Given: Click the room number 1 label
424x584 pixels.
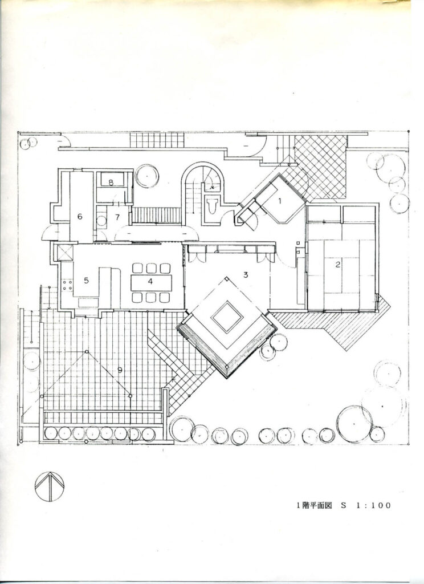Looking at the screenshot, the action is tap(280, 201).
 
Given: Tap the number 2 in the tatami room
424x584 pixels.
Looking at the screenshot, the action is tap(338, 265).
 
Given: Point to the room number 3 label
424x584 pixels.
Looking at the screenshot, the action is tap(245, 275).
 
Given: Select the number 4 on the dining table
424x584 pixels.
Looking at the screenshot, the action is tap(150, 282).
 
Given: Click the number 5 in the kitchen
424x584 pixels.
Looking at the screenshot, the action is tap(87, 281).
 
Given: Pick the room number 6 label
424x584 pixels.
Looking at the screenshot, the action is tap(80, 216).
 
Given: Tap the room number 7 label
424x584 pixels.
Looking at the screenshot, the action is tap(117, 217).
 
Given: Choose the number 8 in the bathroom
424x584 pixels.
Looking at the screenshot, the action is tap(111, 182).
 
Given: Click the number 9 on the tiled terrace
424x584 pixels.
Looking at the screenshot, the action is tap(120, 370).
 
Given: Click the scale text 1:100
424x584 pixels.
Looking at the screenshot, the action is tap(373, 505).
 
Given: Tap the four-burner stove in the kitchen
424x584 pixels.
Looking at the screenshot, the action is tap(67, 285).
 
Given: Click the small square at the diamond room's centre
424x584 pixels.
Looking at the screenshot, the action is tap(227, 317).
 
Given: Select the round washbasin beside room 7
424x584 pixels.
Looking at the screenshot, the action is tap(101, 220).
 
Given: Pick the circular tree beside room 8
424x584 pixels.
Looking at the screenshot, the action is tap(147, 176).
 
